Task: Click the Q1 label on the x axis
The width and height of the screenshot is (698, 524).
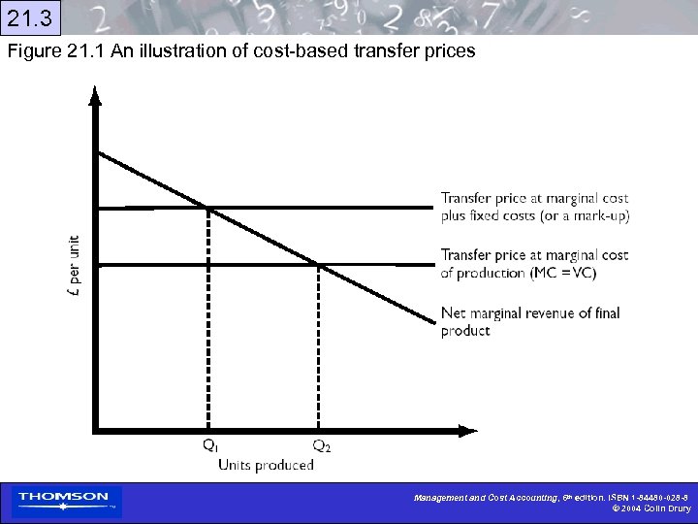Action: click(x=209, y=445)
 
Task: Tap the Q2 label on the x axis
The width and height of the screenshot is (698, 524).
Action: click(x=321, y=445)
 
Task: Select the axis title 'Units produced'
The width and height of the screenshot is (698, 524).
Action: click(x=266, y=465)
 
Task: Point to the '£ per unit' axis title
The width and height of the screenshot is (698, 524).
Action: click(x=76, y=262)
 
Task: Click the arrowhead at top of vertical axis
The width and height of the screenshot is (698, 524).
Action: click(x=94, y=95)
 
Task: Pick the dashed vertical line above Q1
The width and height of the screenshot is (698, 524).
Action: click(x=208, y=320)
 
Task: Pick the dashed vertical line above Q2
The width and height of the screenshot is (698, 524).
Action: click(x=320, y=349)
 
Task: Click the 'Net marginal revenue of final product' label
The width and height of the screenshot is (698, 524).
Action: click(x=529, y=321)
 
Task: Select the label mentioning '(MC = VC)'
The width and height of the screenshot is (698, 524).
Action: click(x=534, y=264)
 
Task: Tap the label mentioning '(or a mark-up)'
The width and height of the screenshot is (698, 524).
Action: click(x=534, y=208)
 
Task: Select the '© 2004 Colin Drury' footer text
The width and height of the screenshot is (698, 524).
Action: click(x=650, y=508)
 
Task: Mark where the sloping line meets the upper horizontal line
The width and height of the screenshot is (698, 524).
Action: click(x=208, y=207)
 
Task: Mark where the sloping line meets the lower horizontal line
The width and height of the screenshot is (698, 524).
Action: click(x=320, y=263)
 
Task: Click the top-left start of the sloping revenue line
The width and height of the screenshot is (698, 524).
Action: click(x=99, y=152)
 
